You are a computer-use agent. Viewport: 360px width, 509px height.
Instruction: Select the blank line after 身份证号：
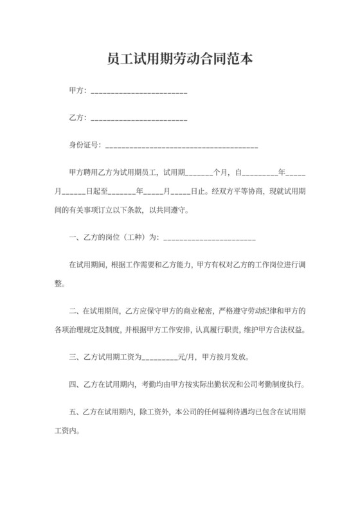(181, 147)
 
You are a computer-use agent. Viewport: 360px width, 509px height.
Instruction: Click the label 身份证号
(83, 145)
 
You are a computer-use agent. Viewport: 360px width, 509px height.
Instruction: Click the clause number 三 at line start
(72, 357)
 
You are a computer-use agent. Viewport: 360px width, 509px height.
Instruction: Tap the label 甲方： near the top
(77, 93)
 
